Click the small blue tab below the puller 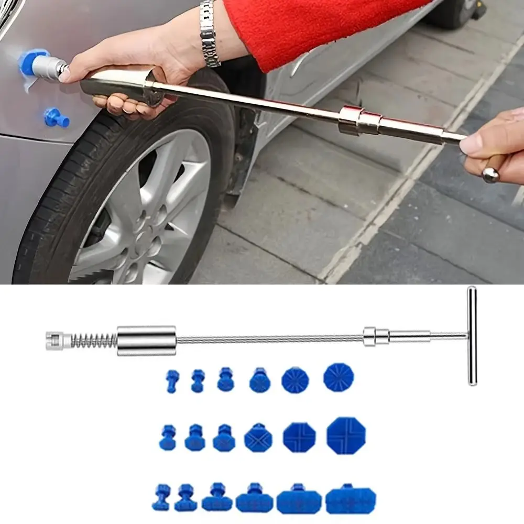coord(56,118)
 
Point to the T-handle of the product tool coord(472,335)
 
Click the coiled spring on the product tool coord(93,341)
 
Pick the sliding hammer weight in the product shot coord(146,341)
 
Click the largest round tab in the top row coord(339,377)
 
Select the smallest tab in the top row coord(172,381)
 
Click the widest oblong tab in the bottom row coord(351,500)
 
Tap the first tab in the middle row coord(168,438)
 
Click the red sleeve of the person coord(314,26)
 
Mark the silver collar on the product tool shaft coord(376,336)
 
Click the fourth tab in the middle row coord(258,438)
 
